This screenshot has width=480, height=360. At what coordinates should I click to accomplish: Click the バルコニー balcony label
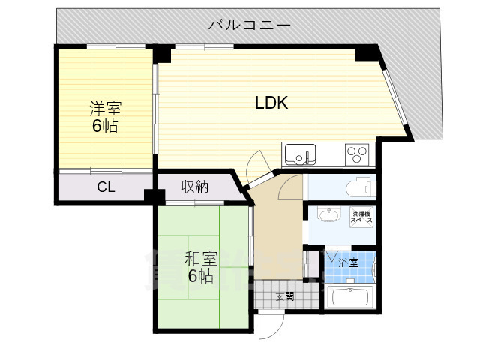pos(250,25)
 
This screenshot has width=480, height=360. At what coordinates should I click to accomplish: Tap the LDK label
pos(271,103)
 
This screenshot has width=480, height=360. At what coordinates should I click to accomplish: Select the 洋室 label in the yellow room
pos(106,108)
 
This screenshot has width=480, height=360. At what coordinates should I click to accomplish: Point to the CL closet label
pos(106,187)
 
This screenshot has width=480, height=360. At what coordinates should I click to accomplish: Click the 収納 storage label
pos(195,187)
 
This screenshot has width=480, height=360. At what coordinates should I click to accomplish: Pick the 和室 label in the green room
pos(201,259)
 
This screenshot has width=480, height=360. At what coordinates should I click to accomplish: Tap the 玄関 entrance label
pos(285,296)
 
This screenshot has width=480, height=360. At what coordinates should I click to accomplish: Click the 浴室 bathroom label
pos(348,262)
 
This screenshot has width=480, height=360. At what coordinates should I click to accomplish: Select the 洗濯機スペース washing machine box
pos(361,217)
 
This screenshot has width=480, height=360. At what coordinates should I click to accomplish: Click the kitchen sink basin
pos(300,154)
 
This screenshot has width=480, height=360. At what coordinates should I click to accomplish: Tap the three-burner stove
pos(357,154)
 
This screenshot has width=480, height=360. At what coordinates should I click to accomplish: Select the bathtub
pos(350,297)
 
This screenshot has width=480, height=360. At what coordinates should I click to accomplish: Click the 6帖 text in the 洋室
pos(105,126)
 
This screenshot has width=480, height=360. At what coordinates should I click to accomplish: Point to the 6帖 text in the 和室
pos(200,276)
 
